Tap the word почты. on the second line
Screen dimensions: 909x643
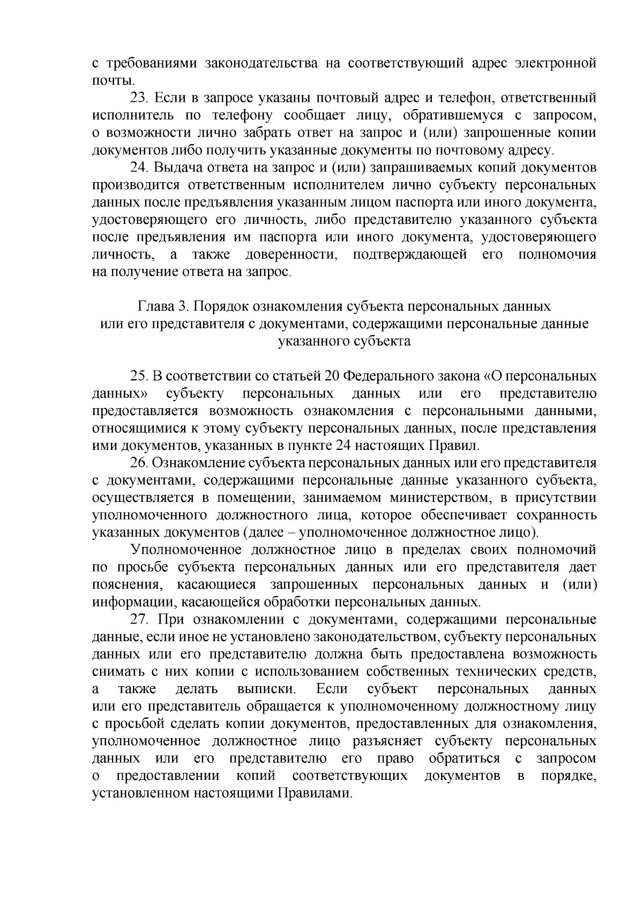[111, 81]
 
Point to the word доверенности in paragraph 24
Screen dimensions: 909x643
[291, 254]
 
